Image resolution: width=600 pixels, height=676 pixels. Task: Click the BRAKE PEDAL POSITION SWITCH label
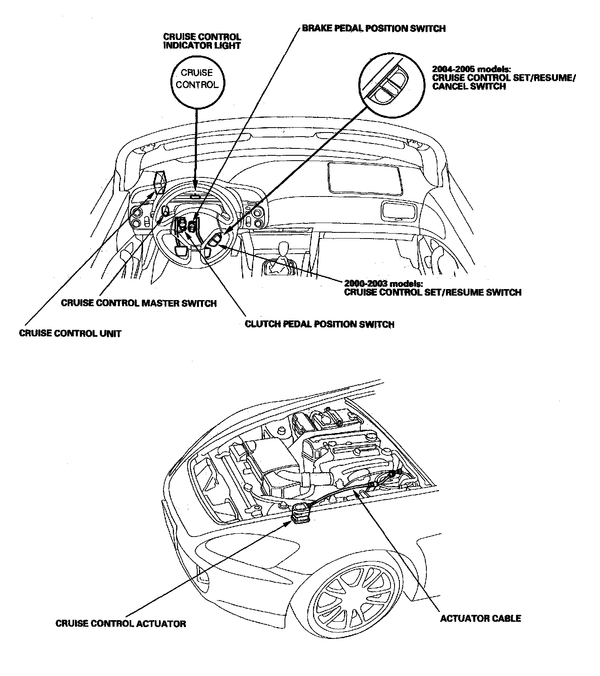click(x=373, y=28)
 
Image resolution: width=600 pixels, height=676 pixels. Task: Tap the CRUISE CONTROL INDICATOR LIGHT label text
click(x=202, y=41)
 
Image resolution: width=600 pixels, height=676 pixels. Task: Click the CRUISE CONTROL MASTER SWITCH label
click(x=139, y=303)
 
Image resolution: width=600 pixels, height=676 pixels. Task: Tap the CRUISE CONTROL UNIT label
click(x=70, y=333)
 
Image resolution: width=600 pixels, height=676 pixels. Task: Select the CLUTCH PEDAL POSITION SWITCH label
click(x=320, y=324)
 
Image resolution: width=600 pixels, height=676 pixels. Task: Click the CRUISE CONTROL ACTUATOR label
click(x=121, y=623)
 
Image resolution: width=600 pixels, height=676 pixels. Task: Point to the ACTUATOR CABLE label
click(x=481, y=619)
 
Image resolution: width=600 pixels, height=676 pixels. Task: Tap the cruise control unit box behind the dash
click(x=160, y=182)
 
